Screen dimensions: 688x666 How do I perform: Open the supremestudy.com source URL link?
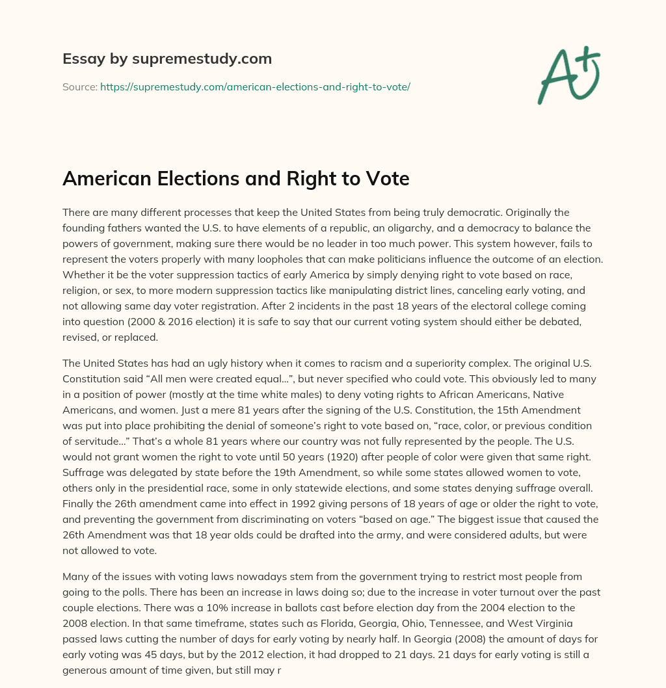[255, 86]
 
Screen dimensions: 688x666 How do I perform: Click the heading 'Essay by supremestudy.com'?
[167, 59]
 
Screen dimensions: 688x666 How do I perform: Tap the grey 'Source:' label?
[79, 86]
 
